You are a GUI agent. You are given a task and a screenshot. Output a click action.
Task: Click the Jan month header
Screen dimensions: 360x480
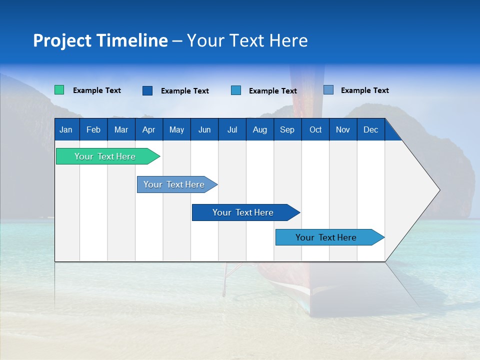point(66,130)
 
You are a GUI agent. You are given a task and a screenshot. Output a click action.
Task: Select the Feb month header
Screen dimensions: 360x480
point(93,130)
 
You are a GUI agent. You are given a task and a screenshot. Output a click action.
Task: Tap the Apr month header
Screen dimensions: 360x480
point(148,130)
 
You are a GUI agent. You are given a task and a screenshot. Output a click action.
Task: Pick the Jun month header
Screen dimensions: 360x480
point(204,130)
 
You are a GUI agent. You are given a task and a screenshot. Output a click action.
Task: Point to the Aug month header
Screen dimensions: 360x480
point(260,130)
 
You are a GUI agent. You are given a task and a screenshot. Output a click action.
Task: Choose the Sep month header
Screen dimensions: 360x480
point(287,130)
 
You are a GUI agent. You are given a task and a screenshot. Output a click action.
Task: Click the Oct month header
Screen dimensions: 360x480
point(315,130)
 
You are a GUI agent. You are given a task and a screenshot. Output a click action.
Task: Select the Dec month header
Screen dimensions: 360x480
point(371,130)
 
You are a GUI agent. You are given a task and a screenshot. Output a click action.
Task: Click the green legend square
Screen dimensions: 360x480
point(59,90)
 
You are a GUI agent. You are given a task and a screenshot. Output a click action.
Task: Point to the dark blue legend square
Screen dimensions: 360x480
point(147,90)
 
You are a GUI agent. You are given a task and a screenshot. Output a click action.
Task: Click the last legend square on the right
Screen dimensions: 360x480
point(328,90)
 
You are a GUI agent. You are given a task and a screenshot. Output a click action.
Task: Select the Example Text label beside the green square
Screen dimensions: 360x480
point(97,90)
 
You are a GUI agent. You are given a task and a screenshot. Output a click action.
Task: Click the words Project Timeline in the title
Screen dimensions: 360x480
point(100,40)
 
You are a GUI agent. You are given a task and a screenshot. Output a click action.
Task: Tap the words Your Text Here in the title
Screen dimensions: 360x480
point(247,40)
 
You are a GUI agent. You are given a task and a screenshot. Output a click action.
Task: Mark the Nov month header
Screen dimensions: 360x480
point(343,130)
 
